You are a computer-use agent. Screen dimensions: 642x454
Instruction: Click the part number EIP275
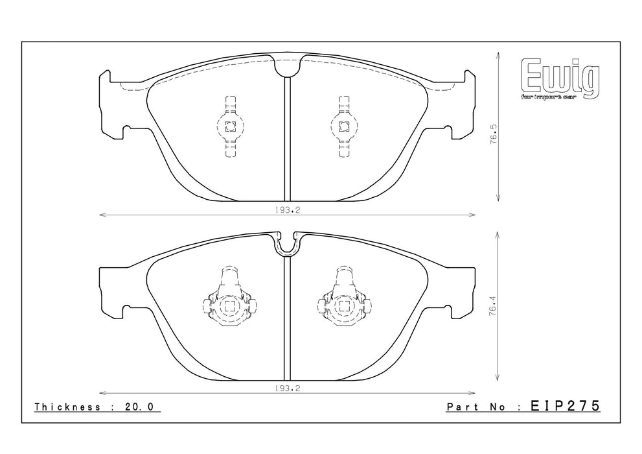tap(565, 406)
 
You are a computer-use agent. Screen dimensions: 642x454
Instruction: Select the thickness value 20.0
tap(139, 407)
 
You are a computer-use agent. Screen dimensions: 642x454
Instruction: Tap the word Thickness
tap(67, 407)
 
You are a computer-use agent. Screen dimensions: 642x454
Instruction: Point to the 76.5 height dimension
tap(494, 133)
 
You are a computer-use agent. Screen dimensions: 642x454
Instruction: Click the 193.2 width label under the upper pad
tap(288, 209)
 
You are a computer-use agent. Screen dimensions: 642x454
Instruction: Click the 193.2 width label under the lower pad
tap(288, 389)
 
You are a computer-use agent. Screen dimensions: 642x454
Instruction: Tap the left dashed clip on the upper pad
tap(231, 126)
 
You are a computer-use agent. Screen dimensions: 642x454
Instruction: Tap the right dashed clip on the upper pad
tap(344, 126)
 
